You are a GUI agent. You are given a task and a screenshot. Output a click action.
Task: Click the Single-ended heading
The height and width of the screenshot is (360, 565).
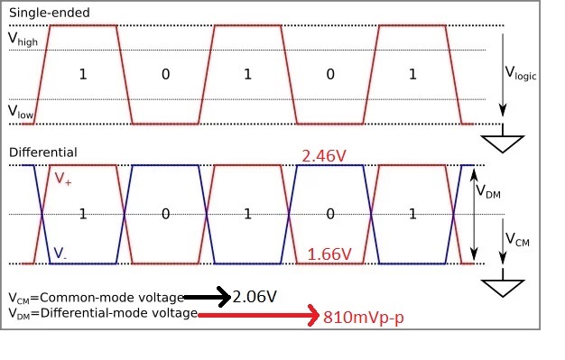50,13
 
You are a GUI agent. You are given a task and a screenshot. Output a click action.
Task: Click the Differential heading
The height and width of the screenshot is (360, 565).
43,152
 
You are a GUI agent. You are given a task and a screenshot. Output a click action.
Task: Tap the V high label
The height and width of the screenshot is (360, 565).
23,39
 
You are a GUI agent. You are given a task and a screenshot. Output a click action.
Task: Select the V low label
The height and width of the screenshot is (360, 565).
21,111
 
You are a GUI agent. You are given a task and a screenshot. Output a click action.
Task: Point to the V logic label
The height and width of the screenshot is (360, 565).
521,73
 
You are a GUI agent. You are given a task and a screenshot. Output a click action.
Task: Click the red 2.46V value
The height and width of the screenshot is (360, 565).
324,156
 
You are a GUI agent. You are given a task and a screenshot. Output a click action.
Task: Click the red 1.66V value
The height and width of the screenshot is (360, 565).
329,254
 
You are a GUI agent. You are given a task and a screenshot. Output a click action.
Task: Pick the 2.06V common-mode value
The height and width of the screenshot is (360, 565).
255,297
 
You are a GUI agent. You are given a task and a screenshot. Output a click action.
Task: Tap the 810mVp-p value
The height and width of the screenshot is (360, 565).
363,318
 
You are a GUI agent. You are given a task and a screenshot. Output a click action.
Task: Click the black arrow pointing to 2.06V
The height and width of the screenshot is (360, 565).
208,297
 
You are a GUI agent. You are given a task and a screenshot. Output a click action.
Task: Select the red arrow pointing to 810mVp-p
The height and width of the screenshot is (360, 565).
258,315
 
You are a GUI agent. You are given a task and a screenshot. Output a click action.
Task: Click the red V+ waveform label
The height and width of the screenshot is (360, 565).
62,179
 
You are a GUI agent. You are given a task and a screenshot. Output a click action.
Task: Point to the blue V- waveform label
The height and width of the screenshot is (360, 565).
60,253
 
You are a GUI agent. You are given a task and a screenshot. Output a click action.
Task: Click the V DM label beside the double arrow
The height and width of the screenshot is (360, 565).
488,191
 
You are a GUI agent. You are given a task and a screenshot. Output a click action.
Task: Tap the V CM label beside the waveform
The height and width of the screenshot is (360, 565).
517,239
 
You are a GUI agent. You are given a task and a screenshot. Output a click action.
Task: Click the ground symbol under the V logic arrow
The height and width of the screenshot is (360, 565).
503,139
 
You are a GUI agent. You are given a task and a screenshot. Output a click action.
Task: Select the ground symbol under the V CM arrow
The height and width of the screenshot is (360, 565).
503,283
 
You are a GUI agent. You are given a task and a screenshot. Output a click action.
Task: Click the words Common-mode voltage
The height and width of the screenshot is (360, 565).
112,298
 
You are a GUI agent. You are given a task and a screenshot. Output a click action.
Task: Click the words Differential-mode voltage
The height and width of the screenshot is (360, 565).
119,313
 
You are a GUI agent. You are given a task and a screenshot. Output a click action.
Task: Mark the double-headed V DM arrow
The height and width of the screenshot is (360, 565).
474,215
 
